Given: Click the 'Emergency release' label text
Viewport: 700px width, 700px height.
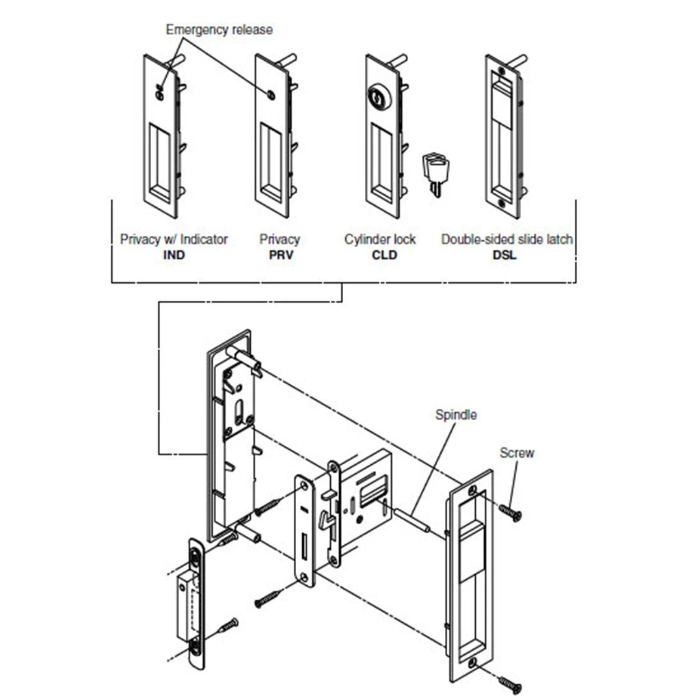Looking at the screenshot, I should click(219, 29).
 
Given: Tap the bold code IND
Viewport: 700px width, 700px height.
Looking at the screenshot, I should click(174, 255).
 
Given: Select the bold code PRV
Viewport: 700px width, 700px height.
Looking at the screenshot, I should click(279, 255).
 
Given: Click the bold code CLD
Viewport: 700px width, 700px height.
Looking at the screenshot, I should click(380, 255).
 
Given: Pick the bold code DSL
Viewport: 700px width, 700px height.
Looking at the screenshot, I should click(507, 255).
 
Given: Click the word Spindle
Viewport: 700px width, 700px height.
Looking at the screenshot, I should click(456, 414).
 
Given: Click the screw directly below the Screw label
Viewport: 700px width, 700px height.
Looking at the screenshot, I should click(510, 511).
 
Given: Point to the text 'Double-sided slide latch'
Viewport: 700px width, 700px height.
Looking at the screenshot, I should click(507, 239).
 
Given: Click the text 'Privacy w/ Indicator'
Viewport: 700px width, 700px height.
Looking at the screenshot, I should click(174, 239).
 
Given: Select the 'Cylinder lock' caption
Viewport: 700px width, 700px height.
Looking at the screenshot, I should click(380, 239).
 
